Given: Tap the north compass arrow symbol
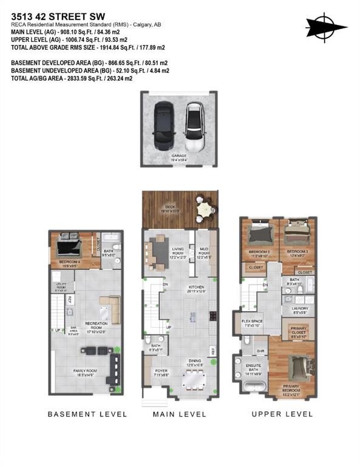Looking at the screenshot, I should [x=326, y=26].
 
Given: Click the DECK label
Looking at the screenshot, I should [x=171, y=208].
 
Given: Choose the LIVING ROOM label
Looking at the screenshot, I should [x=178, y=251].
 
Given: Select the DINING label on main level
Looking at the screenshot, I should [x=195, y=362].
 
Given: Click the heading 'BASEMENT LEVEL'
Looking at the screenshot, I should [x=88, y=414].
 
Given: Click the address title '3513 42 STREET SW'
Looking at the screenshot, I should [x=53, y=9].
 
